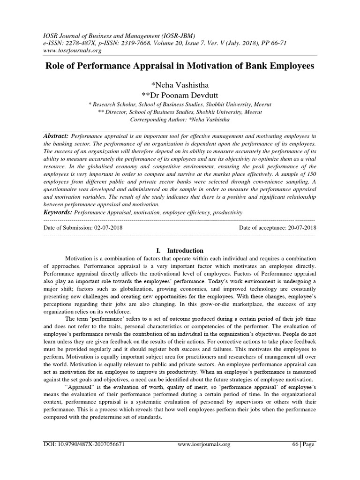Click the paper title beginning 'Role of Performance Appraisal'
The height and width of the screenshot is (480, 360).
[180, 66]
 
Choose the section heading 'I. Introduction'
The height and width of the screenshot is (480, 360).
[180, 250]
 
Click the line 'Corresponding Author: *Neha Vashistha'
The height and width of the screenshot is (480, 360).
[180, 120]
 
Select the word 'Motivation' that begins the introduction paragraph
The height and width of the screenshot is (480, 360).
[79, 259]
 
